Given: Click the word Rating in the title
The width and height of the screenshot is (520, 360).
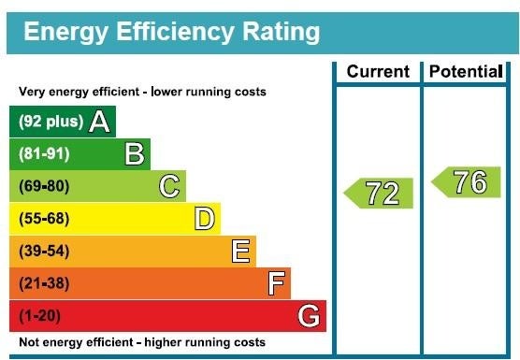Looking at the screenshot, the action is tap(282, 32).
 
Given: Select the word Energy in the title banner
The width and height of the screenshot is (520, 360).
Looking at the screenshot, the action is tap(66, 32).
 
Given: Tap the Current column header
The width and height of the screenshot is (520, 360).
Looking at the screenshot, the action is tap(378, 71).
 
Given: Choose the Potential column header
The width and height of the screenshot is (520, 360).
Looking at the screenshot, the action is tap(466, 71).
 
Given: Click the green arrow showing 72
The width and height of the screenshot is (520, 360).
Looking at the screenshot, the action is tap(379, 194).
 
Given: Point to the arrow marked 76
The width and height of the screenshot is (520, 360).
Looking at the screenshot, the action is tap(466, 182).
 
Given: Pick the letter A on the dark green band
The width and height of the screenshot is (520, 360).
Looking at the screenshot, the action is tap(99, 122).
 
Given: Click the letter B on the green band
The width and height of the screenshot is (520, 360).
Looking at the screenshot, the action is tap(135, 153).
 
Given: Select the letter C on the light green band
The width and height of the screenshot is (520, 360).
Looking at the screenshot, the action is tap(169, 186).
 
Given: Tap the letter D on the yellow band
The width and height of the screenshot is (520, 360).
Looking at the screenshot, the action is tap(205, 219).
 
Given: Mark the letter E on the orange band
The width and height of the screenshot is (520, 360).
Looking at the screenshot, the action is tap(240, 251).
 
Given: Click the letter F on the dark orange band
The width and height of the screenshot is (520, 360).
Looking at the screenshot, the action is tap(276, 283).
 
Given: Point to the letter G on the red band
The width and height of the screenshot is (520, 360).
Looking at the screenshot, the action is tap(309, 316).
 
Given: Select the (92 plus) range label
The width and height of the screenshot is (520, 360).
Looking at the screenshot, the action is tap(51, 122).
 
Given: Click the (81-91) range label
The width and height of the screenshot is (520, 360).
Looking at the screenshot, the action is tap(44, 154).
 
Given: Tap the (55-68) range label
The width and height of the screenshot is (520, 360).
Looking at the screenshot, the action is tap(44, 219).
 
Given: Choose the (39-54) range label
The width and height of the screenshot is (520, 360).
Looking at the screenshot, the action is tap(44, 251).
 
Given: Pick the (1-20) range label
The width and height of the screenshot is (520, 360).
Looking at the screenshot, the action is tap(40, 315).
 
